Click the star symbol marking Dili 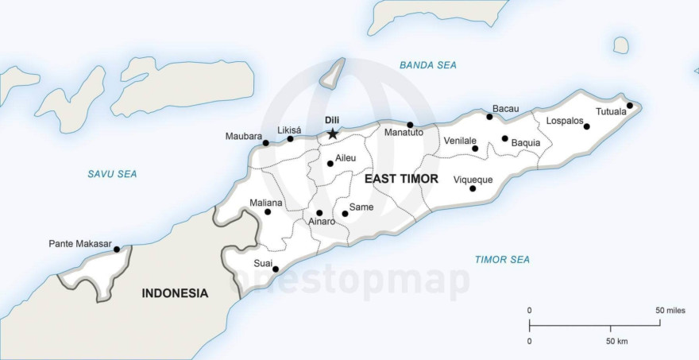[332, 134]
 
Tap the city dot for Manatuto [410, 125]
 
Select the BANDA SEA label [428, 65]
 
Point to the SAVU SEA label [112, 173]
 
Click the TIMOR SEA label [502, 259]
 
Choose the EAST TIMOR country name [401, 179]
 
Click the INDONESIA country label [175, 293]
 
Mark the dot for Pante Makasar [117, 250]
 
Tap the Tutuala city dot [629, 106]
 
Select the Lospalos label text [563, 122]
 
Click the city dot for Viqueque [473, 188]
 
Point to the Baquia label [526, 143]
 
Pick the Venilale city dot [475, 149]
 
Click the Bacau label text [505, 108]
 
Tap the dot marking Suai [276, 269]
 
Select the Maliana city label [265, 203]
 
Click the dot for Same [345, 214]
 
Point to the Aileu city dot [330, 164]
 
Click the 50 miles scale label [670, 310]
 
